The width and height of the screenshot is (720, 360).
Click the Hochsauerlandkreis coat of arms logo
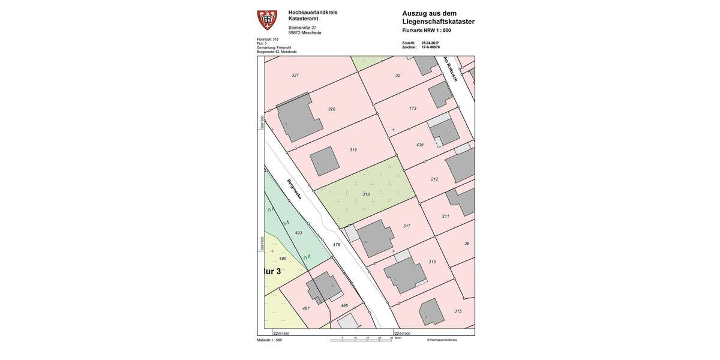[267, 20]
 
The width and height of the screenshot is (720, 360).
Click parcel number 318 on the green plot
[366, 194]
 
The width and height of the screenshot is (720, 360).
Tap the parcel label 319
[353, 150]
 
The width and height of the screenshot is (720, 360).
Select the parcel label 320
[331, 109]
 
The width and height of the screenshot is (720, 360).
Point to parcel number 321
[295, 75]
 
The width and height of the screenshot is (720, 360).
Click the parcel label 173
[413, 109]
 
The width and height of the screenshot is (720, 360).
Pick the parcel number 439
[419, 145]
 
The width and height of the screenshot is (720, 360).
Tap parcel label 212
[434, 179]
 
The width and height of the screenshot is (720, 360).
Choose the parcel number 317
[406, 226]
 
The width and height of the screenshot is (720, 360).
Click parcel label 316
[432, 262]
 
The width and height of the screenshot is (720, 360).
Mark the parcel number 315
[458, 311]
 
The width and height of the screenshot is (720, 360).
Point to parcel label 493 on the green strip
[298, 233]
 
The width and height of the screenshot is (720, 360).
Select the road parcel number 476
[336, 245]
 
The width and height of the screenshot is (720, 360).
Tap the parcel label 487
[305, 308]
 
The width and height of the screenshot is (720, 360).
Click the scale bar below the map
[361, 340]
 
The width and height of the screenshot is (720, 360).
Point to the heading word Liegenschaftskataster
[438, 22]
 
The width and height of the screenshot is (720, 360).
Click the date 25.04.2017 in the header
[430, 43]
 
